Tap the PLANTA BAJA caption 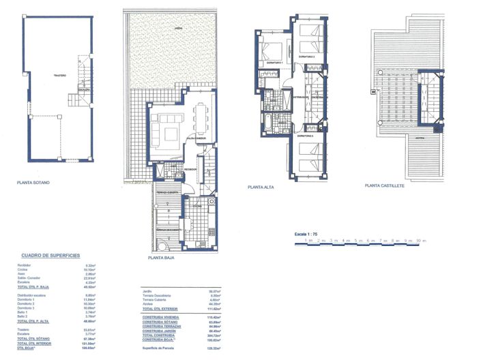coord(163,258)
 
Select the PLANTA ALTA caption coord(261,187)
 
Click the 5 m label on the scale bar coord(358,240)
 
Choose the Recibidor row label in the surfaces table coord(25,265)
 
